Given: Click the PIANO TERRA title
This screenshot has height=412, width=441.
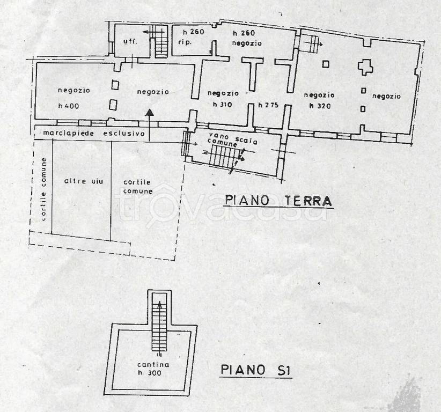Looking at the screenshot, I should (x=278, y=201).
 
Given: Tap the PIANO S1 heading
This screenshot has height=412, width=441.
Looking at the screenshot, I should (x=256, y=371).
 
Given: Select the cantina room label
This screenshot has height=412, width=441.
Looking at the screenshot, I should (x=152, y=364).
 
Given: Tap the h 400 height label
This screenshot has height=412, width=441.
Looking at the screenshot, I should (x=69, y=105).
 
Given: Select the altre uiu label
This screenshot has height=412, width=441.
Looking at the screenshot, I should (x=80, y=182).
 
